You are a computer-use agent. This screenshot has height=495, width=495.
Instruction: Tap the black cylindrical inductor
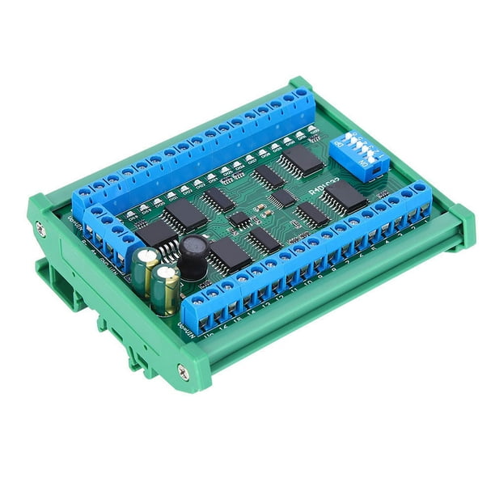coord(192,257)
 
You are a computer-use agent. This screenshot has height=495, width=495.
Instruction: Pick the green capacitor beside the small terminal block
coord(147,270)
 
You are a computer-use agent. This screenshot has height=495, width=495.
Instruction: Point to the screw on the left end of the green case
coord(40,231)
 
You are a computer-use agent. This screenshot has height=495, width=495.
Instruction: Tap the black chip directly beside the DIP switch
coord(302,159)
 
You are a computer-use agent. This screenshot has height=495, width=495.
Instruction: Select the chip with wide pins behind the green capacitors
coord(155,235)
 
